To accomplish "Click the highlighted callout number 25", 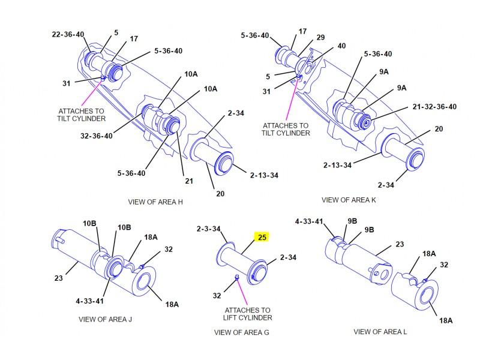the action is [x=262, y=237].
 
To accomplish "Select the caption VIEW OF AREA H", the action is [x=155, y=202].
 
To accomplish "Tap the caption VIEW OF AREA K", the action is [x=349, y=200].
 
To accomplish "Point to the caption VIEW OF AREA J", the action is [x=106, y=320].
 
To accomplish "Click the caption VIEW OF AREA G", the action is [x=242, y=332].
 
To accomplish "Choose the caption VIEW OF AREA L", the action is [x=380, y=332].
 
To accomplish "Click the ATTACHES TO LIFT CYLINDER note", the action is [x=247, y=314].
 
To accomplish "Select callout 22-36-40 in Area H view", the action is [x=68, y=34].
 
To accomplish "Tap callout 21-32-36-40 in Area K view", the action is [x=434, y=107].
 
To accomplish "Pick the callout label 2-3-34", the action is [x=208, y=229].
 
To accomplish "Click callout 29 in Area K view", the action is [x=320, y=38].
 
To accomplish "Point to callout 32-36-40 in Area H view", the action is [x=97, y=136].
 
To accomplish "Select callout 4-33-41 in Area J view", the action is [x=89, y=301].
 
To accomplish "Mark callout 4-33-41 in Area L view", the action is [x=309, y=221].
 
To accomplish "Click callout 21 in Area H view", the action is [x=189, y=181].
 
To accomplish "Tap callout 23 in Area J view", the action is [x=58, y=278].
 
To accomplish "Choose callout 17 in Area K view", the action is [x=302, y=32].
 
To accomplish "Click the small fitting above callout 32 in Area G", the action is [x=236, y=277].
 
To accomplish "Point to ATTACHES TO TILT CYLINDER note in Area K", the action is [x=286, y=130].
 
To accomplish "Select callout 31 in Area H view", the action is [x=67, y=83].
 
